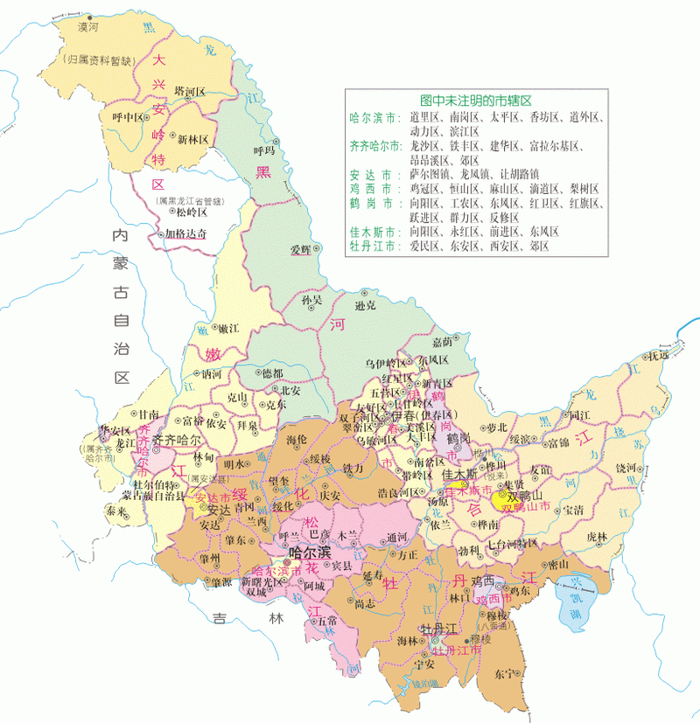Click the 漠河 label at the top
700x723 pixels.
(88, 27)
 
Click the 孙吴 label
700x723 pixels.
(311, 300)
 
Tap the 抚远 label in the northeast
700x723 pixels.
(657, 356)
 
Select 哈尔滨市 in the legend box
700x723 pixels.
(372, 116)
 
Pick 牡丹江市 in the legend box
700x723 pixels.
(372, 247)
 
